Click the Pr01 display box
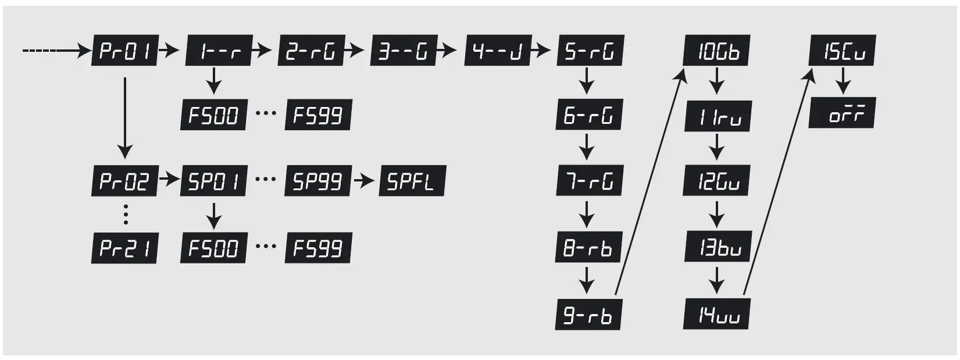tap(125, 51)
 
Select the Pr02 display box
tap(125, 181)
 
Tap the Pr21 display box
tap(125, 248)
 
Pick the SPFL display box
tap(412, 181)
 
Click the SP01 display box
tap(214, 181)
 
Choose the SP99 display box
tap(318, 181)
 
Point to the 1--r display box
tap(218, 51)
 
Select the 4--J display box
tap(498, 51)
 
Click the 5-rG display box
tap(590, 51)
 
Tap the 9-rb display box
tap(588, 315)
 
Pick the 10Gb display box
tap(716, 51)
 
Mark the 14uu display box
tap(716, 315)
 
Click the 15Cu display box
tap(842, 51)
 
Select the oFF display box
tap(842, 113)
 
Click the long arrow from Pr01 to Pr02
tap(124, 116)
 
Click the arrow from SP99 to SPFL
tap(365, 181)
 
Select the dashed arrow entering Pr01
tap(55, 51)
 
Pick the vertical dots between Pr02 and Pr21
tap(126, 214)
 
